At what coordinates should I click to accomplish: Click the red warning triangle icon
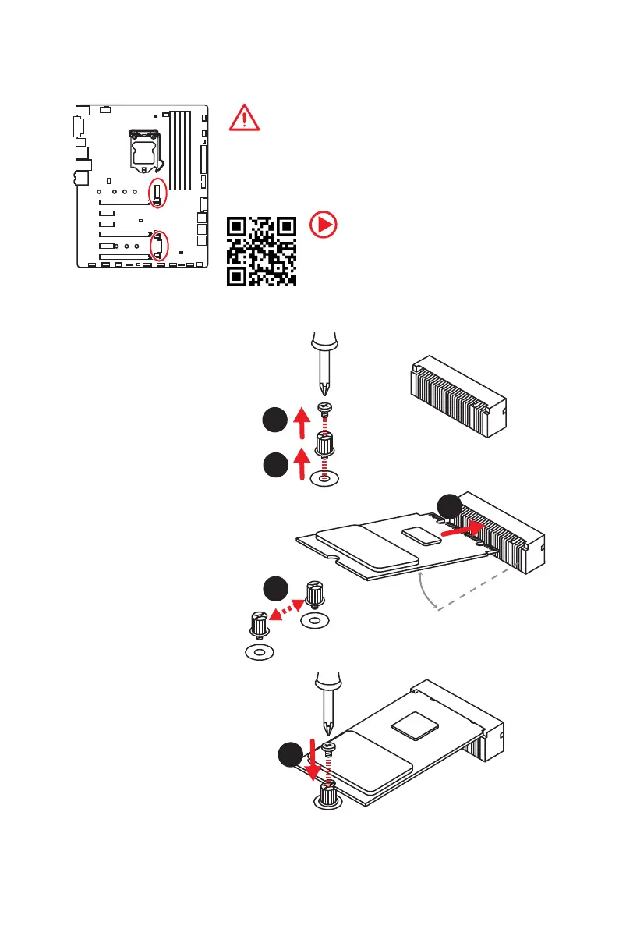pos(245,118)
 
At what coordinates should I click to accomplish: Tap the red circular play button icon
pos(324,225)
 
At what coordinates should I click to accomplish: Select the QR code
pos(261,251)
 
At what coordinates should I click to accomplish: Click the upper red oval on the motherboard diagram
pos(158,193)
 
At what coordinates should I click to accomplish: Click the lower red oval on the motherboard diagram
pos(159,246)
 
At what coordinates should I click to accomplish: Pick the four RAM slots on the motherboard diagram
pos(180,151)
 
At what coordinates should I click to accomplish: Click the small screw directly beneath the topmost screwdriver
pos(326,407)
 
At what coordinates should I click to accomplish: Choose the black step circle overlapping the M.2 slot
pos(451,507)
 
